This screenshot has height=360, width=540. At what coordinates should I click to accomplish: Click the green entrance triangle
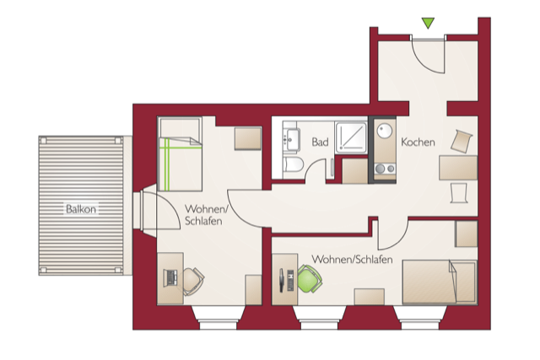428,23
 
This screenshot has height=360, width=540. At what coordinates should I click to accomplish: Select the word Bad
320,142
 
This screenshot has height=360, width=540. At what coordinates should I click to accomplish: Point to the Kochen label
418,142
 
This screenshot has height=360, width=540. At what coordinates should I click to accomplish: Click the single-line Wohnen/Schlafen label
352,260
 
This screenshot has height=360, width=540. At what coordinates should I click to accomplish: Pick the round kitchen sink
385,131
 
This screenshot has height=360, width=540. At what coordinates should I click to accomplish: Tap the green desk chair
308,277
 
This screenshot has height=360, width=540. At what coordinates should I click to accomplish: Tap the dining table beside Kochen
459,167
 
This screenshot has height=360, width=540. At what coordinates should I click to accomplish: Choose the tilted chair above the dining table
463,140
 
